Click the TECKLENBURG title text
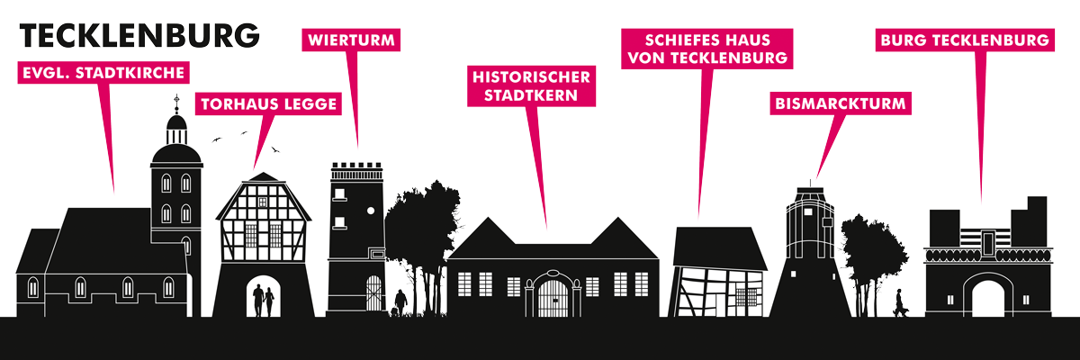pos(139,36)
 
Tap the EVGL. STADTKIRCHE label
pos(103,73)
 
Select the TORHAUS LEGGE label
pos(268,104)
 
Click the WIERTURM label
pos(351,40)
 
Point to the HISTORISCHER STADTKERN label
pos(531,86)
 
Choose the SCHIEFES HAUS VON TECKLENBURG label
pos(707,49)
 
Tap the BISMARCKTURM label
pos(841,103)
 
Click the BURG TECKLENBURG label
pos(965,40)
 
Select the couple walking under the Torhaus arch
pos(263,301)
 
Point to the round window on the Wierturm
pos(371,211)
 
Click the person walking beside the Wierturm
pos(400,302)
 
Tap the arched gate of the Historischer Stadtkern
pos(553,294)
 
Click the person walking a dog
pos(900,302)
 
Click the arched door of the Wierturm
pos(373,293)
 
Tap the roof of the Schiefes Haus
pos(720,247)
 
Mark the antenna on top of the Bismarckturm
pos(810,184)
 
